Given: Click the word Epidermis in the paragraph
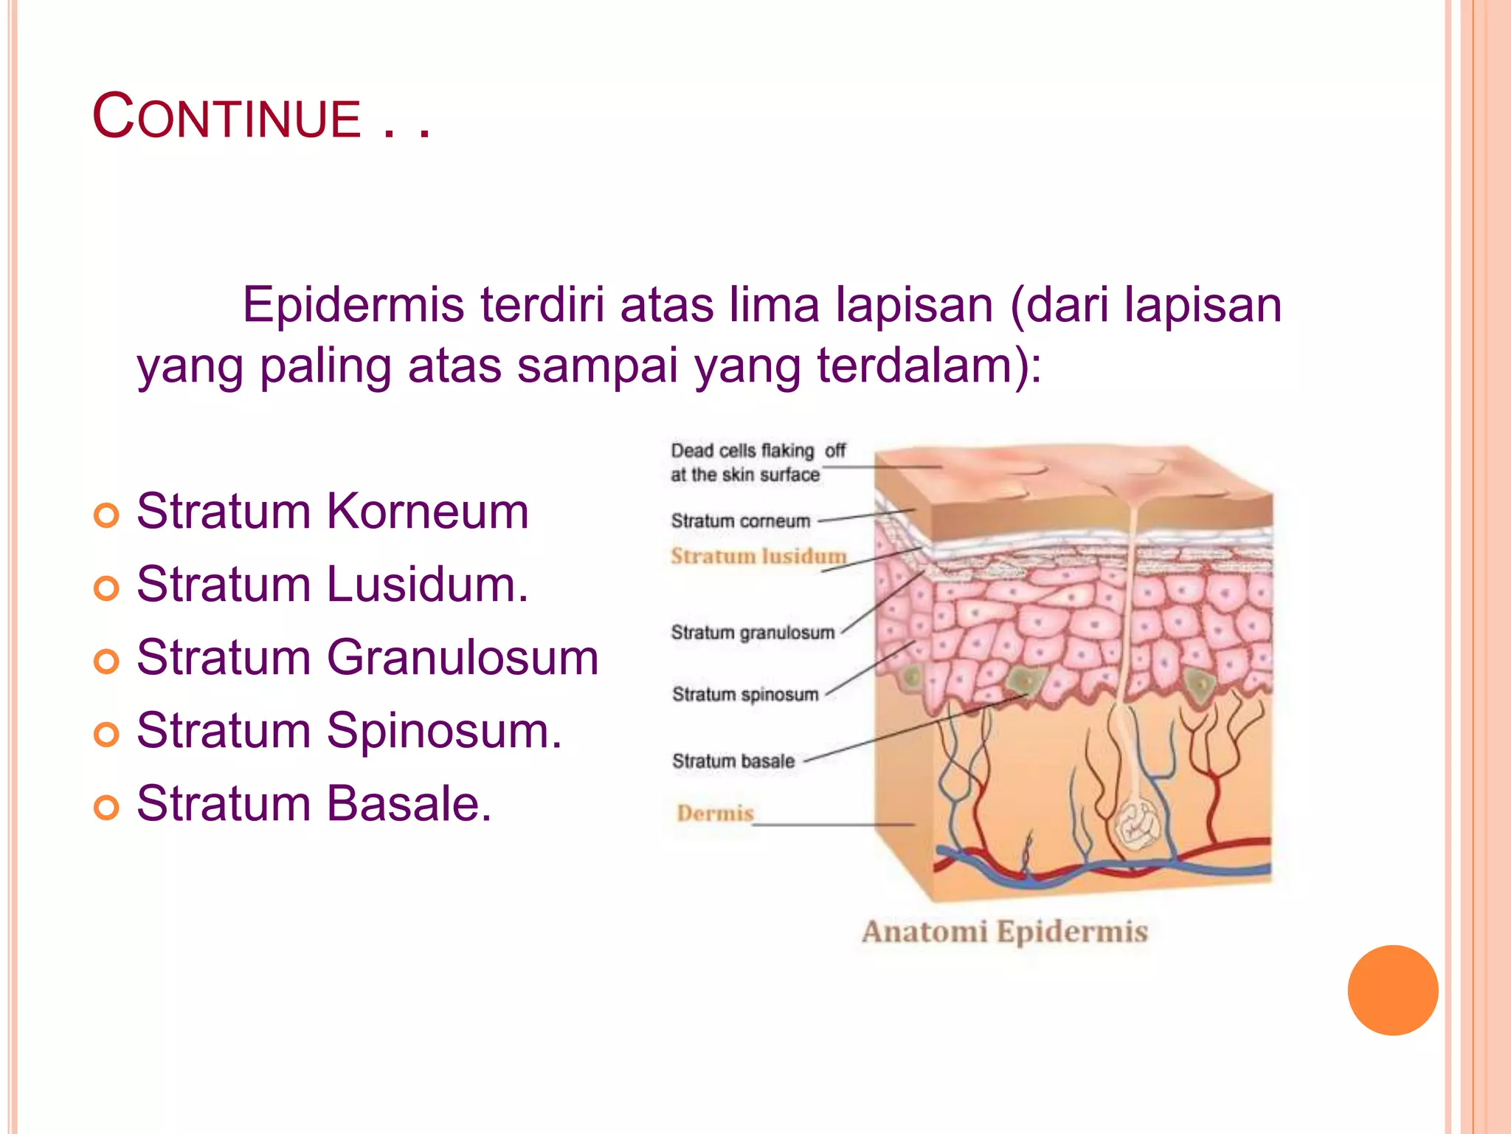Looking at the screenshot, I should point(353,304).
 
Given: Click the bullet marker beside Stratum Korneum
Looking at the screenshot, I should point(106,515).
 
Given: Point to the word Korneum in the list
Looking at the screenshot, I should point(427,511).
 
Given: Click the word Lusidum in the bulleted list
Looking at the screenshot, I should point(427,584).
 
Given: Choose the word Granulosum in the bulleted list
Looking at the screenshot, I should point(462,657).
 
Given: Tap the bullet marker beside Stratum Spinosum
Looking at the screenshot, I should point(106,734).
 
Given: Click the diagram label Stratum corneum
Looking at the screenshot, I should point(740,521).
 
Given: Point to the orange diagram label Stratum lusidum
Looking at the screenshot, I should point(758,556).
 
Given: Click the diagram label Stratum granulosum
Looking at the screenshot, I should point(752,633).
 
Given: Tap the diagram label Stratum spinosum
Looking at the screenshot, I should point(744,694).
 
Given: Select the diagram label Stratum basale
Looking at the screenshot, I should point(733,761).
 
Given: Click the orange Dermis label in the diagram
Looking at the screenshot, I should point(714,813).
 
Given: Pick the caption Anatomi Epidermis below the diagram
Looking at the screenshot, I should point(1004,932).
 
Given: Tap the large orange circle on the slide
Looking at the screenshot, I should point(1392,990).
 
